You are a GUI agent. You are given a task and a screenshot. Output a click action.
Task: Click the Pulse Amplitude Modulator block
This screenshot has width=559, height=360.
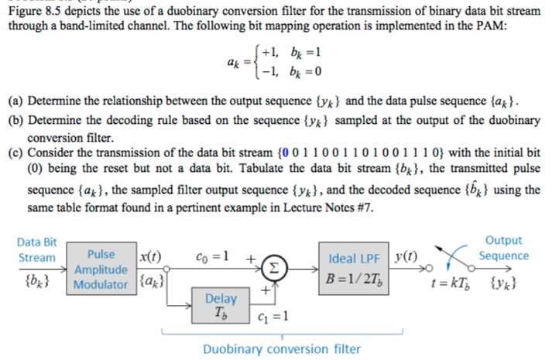click(x=101, y=269)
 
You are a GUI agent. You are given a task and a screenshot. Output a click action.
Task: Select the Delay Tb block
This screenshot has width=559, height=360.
click(x=221, y=306)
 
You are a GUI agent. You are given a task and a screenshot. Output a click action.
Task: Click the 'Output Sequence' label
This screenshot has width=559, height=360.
click(x=503, y=249)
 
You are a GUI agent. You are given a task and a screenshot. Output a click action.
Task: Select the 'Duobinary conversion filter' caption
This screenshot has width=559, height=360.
click(x=281, y=348)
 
